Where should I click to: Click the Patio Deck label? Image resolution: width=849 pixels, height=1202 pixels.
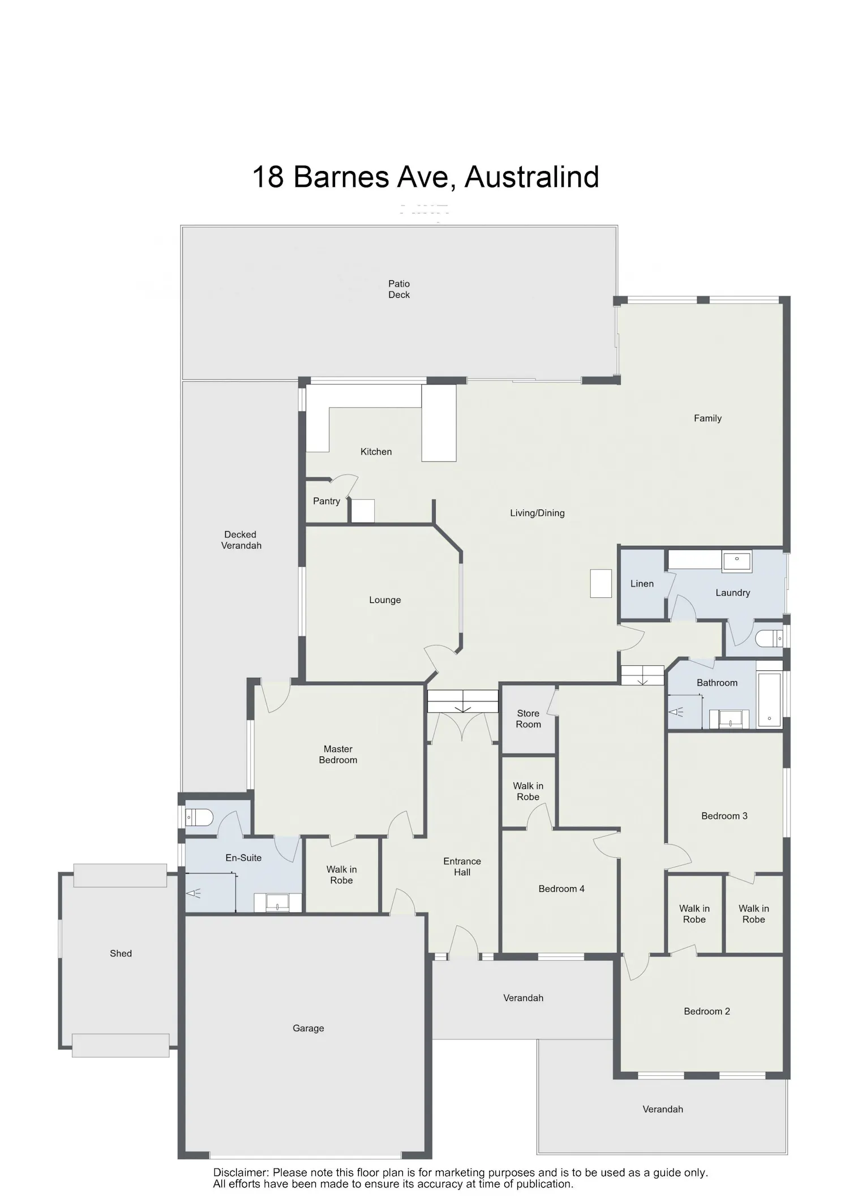(x=399, y=289)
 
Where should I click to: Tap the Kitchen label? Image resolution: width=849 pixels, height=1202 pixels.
(x=376, y=452)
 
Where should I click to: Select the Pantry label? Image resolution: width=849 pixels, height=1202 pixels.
(x=327, y=501)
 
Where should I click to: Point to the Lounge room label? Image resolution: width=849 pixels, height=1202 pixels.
(x=385, y=600)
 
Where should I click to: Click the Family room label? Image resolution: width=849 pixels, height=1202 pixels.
(x=707, y=418)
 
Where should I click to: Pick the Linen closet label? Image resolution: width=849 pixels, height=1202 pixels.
(x=642, y=584)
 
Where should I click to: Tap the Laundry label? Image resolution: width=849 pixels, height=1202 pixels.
(x=732, y=593)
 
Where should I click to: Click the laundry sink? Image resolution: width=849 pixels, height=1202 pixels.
(x=737, y=561)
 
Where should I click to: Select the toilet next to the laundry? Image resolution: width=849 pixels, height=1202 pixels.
(x=769, y=639)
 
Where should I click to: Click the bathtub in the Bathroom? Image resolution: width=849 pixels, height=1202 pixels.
(x=769, y=700)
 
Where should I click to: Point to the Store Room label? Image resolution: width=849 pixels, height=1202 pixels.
(x=528, y=719)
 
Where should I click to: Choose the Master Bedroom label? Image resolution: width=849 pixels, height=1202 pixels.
(x=338, y=755)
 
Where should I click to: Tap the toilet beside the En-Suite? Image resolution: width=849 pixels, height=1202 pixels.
(x=199, y=817)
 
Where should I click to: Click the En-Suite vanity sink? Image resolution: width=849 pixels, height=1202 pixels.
(x=278, y=902)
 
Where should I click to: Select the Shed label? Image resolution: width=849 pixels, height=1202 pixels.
(x=121, y=953)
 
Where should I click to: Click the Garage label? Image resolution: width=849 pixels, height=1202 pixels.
(x=308, y=1028)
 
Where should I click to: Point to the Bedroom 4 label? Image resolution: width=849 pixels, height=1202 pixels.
(x=561, y=889)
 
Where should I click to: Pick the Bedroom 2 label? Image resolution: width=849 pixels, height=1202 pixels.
(x=707, y=1011)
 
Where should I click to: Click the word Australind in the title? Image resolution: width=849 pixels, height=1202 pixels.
(x=531, y=177)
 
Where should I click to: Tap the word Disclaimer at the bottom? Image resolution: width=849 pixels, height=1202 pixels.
(x=240, y=1173)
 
